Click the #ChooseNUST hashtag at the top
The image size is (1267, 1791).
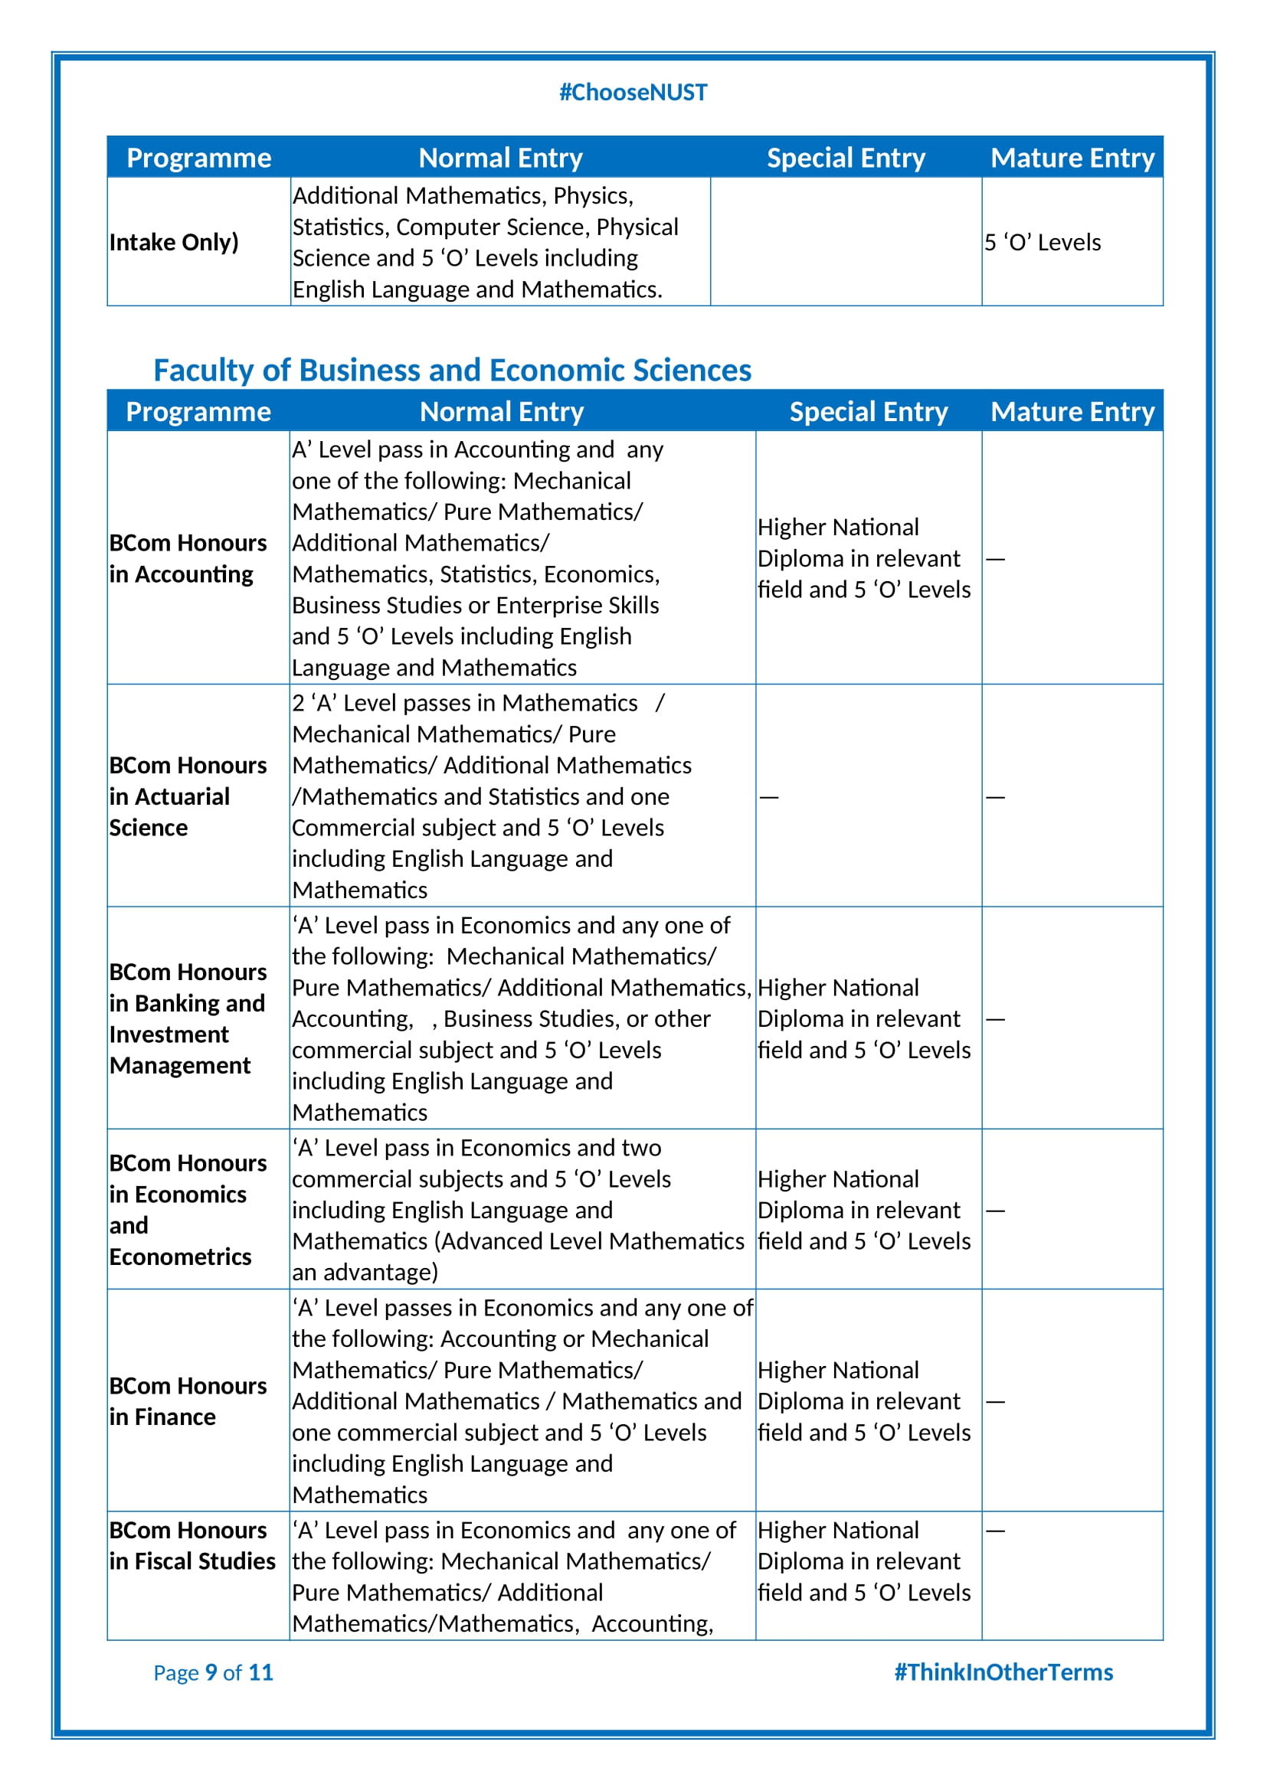[633, 93]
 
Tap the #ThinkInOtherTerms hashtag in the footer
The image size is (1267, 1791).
[1003, 1672]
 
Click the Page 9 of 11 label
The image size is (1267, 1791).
[213, 1672]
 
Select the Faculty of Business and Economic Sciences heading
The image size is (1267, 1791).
[452, 370]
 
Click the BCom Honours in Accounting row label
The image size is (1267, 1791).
[188, 558]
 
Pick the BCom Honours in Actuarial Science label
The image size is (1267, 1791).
[188, 796]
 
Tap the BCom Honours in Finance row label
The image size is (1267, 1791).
[188, 1402]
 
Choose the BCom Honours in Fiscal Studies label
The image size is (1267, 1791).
[192, 1546]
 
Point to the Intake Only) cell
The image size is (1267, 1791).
[174, 243]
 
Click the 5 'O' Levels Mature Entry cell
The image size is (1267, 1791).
[1043, 243]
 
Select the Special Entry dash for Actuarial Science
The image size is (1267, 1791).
[769, 797]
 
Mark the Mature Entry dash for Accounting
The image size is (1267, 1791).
[996, 559]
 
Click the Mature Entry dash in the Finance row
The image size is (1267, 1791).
[996, 1402]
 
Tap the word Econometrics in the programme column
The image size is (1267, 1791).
[180, 1257]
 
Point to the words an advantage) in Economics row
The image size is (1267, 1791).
[365, 1273]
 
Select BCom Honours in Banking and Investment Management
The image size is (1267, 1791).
[188, 1018]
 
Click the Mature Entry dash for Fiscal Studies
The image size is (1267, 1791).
[996, 1531]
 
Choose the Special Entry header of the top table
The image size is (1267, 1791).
[846, 159]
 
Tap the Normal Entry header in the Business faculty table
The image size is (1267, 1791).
[502, 412]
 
